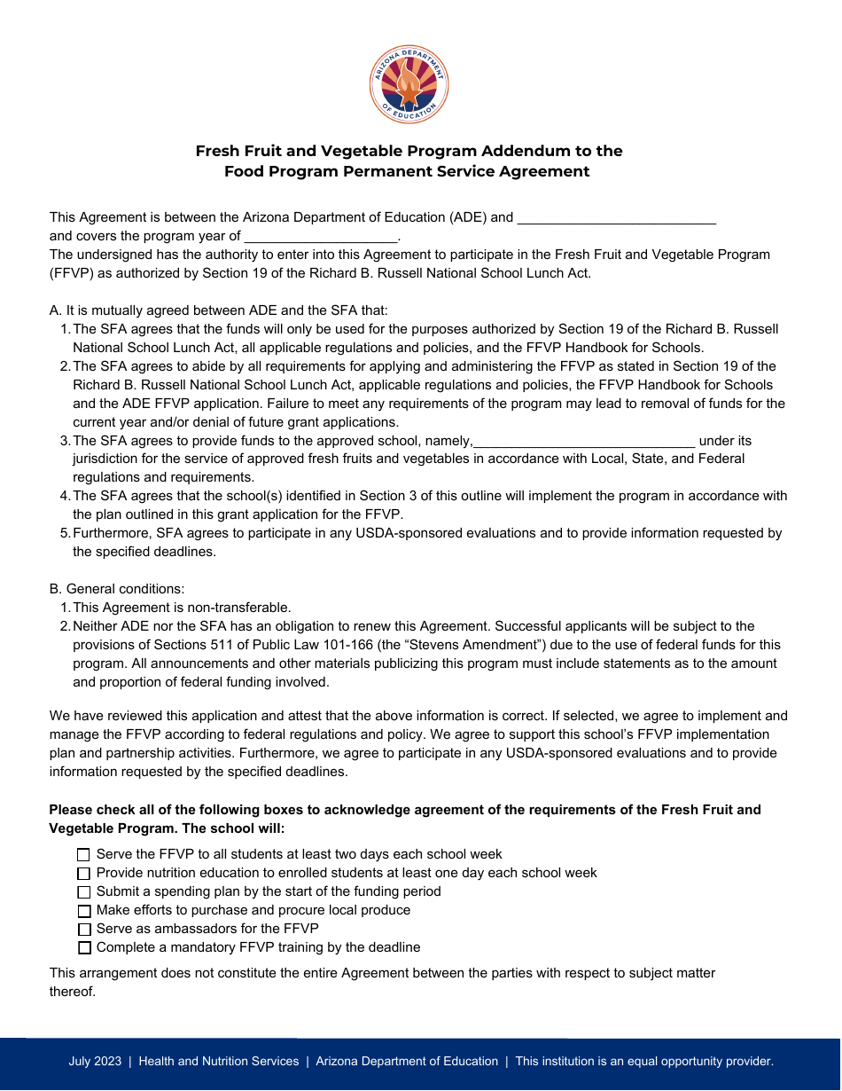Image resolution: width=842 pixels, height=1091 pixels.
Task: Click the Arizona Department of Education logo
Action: pos(409,85)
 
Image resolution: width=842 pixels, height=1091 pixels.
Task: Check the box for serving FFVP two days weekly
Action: pos(84,855)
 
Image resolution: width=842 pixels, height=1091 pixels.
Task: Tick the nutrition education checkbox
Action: pos(84,874)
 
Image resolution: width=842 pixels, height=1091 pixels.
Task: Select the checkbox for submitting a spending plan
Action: pos(84,892)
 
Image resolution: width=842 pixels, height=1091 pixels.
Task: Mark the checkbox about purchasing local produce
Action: pos(84,911)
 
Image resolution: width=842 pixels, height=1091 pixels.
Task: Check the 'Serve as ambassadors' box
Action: pos(84,930)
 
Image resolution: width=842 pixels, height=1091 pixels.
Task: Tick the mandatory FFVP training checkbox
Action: pos(84,948)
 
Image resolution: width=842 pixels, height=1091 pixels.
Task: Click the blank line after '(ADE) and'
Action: pos(616,218)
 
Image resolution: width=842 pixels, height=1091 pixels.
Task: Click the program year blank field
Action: pos(321,237)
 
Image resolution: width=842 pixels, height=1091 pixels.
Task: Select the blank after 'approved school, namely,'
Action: pos(584,442)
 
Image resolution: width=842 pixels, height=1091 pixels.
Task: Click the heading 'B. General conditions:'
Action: pos(117,589)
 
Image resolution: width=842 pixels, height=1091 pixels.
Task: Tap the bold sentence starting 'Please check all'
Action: pos(404,810)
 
